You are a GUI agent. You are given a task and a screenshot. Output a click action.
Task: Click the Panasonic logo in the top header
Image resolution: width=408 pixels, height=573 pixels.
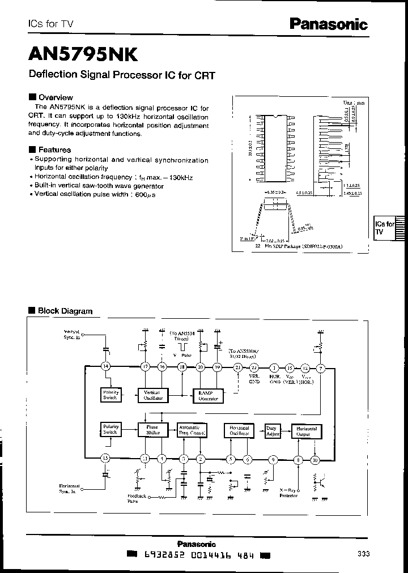pos(329,24)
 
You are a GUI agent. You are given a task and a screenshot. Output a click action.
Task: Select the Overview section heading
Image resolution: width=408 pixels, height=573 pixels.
pos(55,97)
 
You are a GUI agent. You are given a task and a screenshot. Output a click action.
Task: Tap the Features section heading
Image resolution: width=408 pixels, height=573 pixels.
pos(54,150)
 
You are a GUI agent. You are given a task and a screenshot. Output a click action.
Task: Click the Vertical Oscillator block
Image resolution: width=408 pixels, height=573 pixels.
pos(153,395)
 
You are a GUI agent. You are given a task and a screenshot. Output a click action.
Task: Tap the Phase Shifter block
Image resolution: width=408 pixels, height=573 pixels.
pos(153,430)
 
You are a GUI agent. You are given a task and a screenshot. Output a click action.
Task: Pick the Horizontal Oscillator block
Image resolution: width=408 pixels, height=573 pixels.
pos(239,430)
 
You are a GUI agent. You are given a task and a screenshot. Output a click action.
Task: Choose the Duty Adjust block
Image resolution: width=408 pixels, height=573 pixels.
pos(274,430)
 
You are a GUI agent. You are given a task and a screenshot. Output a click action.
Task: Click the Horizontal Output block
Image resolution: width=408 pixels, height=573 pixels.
pos(307,430)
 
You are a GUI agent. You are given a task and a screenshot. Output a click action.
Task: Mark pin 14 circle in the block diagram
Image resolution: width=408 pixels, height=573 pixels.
pos(105,367)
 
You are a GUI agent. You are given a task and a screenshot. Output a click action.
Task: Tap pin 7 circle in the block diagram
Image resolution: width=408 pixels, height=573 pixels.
pos(321,367)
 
